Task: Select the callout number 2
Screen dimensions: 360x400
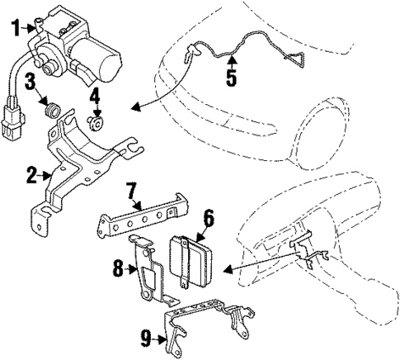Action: click(31, 175)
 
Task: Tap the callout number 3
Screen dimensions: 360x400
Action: click(29, 81)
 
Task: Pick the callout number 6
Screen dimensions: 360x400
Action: click(208, 218)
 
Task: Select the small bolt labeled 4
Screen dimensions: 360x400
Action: click(96, 123)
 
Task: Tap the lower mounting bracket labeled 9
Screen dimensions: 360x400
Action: click(206, 323)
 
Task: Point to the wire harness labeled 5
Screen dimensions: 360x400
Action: click(247, 50)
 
